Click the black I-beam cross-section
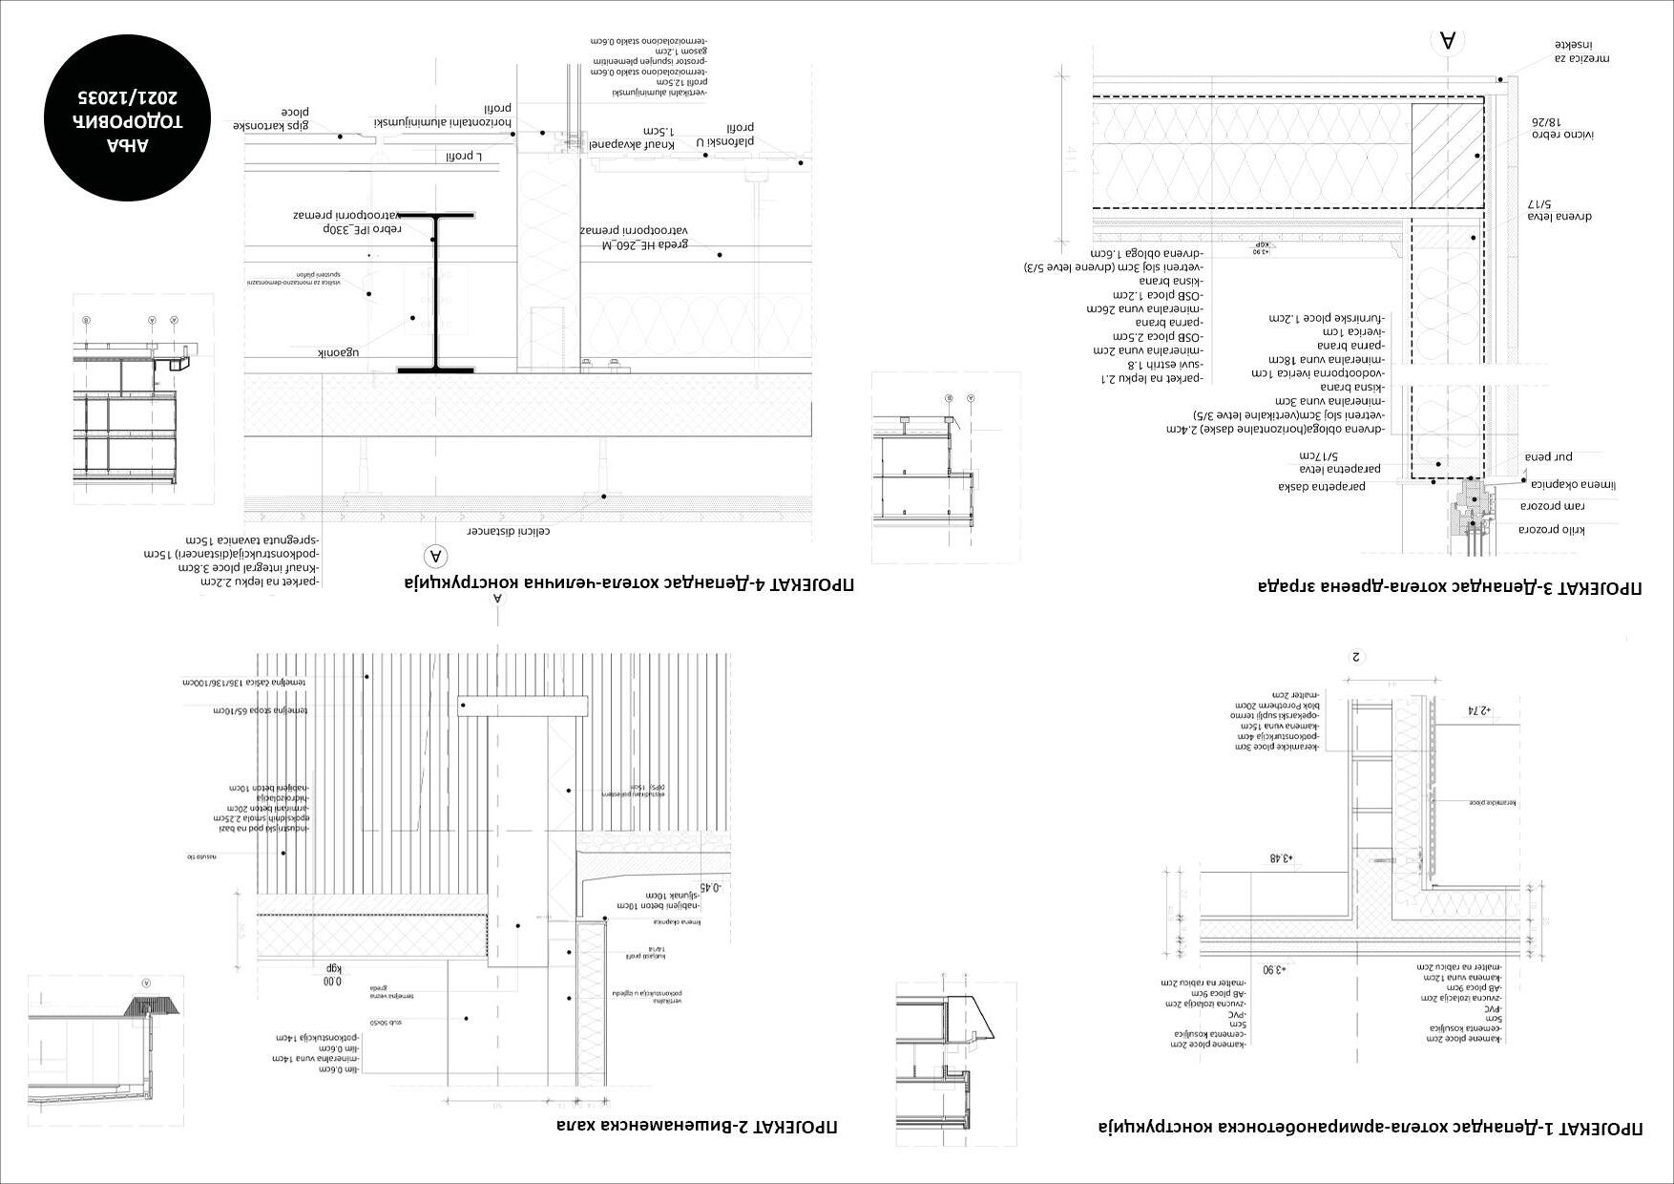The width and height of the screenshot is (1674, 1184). click(436, 292)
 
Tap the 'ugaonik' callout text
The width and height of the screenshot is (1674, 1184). click(339, 352)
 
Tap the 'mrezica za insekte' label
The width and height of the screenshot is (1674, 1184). click(1581, 52)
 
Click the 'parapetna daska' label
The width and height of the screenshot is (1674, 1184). click(1322, 486)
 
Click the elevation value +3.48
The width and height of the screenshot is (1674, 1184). click(1279, 858)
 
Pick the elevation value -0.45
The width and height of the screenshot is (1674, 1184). click(711, 886)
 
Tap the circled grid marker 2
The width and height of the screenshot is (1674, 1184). click(1356, 657)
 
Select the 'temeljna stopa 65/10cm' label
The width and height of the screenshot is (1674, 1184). click(257, 711)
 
